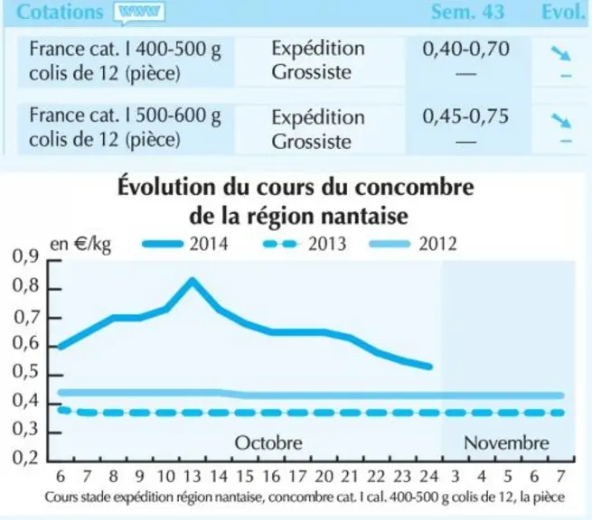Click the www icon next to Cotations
point(139,13)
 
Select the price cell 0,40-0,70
point(465,49)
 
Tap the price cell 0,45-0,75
point(465,116)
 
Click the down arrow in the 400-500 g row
point(560,53)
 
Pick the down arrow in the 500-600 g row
point(560,120)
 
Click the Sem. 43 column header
point(467,12)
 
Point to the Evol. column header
point(563,12)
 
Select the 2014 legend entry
point(185,244)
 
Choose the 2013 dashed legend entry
point(305,244)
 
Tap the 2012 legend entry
point(413,244)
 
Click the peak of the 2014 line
point(193,281)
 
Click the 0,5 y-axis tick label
point(25,372)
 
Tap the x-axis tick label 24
point(429,477)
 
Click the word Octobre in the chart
point(268,443)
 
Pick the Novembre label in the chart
point(506,443)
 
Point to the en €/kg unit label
point(80,246)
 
